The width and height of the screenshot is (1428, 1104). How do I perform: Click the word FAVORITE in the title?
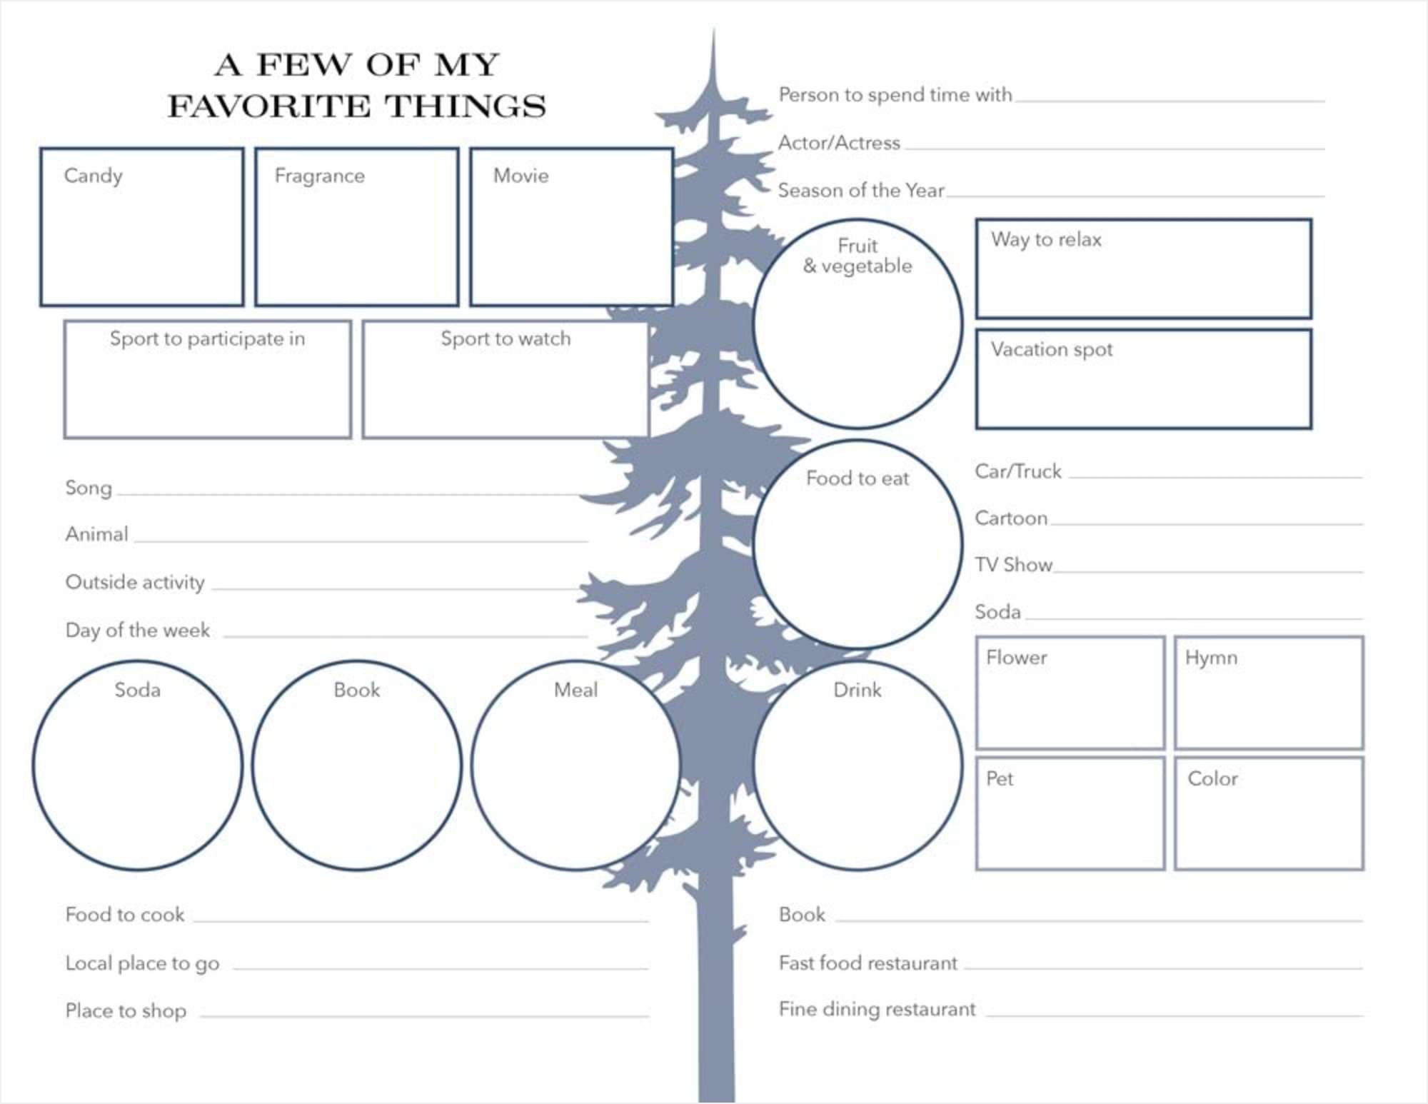point(268,106)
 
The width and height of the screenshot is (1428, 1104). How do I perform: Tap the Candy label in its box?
point(93,176)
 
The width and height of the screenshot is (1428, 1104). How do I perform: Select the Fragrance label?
point(319,176)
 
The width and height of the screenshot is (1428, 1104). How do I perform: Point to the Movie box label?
point(521,176)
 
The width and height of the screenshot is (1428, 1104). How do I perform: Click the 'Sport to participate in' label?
point(207,339)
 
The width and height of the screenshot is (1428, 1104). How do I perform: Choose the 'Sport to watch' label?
point(506,338)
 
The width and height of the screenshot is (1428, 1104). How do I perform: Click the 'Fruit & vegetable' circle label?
point(858,256)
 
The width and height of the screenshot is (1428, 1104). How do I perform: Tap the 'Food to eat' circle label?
point(858,478)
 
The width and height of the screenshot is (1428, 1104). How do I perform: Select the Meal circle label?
point(575,690)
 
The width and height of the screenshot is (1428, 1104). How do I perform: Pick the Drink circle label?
point(857,690)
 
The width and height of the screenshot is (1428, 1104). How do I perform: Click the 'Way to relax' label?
point(1046,240)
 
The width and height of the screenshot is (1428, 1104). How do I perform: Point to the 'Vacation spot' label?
point(1051,350)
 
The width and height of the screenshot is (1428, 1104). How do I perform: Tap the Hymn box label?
point(1211,658)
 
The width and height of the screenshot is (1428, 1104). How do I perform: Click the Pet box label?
point(1000,778)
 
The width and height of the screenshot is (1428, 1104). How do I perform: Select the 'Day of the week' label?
point(138,631)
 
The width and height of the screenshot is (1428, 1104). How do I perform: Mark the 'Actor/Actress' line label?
point(839,143)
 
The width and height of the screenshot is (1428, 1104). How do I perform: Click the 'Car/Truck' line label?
point(1018,471)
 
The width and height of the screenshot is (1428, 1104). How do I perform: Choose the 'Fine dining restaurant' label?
point(877,1010)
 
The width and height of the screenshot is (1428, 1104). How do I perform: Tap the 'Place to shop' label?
point(126,1011)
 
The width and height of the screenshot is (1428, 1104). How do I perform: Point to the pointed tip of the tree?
point(713,29)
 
